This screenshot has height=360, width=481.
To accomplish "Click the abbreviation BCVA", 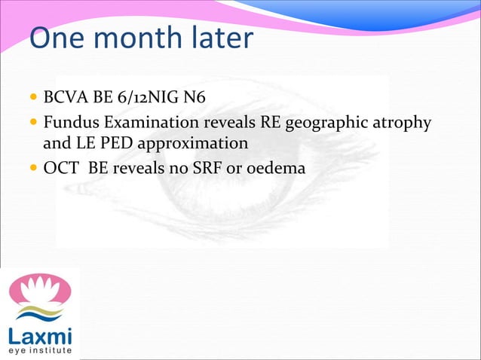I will coord(65,98).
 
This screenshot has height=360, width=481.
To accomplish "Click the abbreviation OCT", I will coord(61,166).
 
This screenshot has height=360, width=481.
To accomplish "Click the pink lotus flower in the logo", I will coord(39,289).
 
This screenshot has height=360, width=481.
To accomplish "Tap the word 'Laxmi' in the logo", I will coord(39,332).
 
